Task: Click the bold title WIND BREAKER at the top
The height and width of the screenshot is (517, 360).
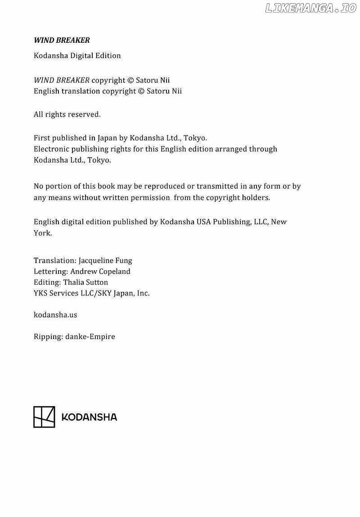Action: pyautogui.click(x=62, y=40)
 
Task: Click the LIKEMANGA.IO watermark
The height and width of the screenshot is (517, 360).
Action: pyautogui.click(x=310, y=8)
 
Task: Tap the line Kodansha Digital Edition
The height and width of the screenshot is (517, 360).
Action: pyautogui.click(x=77, y=56)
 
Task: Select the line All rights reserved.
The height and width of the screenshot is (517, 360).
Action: pyautogui.click(x=67, y=114)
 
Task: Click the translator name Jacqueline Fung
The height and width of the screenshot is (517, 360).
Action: pyautogui.click(x=105, y=261)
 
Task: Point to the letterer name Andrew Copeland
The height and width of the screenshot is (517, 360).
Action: pyautogui.click(x=100, y=272)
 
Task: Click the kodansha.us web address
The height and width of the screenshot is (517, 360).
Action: pyautogui.click(x=55, y=315)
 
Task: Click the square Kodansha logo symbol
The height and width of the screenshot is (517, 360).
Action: pyautogui.click(x=44, y=417)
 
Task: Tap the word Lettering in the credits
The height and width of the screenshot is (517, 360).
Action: pyautogui.click(x=50, y=272)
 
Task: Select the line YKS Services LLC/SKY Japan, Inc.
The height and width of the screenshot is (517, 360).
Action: pyautogui.click(x=91, y=293)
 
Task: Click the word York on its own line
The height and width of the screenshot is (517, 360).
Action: pyautogui.click(x=42, y=233)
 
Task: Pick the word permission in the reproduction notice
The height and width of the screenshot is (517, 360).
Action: pyautogui.click(x=150, y=197)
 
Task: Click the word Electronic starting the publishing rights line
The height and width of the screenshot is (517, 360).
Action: pyautogui.click(x=53, y=149)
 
